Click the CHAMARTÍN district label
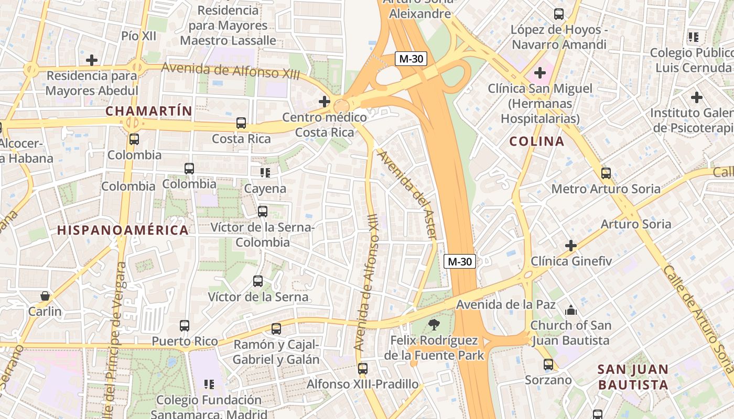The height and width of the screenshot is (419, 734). [149, 111]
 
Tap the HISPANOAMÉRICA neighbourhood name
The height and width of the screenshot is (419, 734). [123, 230]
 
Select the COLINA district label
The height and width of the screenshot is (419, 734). [537, 141]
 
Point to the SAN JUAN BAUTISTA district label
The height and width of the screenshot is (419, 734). [633, 377]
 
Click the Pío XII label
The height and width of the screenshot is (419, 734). [139, 36]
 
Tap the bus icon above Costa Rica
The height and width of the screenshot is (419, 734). [241, 123]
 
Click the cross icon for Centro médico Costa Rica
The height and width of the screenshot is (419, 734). [325, 101]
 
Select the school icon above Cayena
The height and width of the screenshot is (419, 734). [265, 172]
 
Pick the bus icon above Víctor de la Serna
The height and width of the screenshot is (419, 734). [258, 281]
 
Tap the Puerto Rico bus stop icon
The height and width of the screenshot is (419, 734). [185, 326]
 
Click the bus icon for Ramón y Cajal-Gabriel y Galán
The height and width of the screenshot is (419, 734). [276, 329]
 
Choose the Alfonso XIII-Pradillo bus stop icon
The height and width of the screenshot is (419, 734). [363, 368]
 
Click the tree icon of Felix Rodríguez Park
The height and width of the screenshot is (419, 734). [434, 325]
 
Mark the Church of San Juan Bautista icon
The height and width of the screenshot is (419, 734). [571, 310]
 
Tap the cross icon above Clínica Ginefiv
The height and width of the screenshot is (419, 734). [571, 245]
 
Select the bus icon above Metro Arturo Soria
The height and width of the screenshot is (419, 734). [606, 173]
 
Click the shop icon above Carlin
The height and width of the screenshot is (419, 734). [45, 296]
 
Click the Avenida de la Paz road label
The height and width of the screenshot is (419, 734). [498, 304]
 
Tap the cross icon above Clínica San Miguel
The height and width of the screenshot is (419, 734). [539, 73]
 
